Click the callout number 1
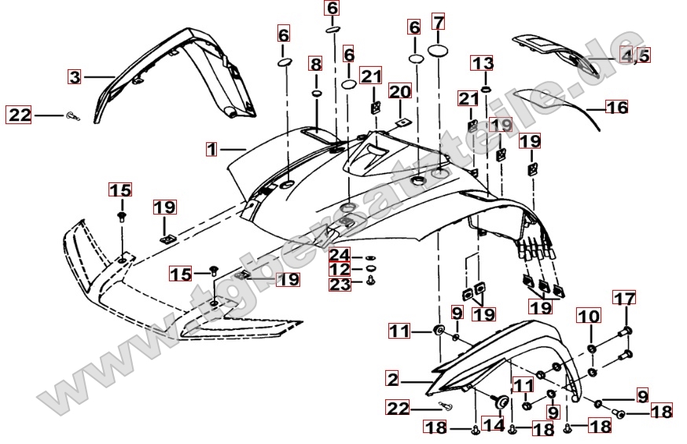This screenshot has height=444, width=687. pos(211,148)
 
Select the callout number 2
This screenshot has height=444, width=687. pos(392,379)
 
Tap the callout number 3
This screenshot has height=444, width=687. pos(75,77)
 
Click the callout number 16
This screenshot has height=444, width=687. pos(617,107)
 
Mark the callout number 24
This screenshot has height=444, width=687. pos(340,255)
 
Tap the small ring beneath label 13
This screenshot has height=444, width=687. pos(486,90)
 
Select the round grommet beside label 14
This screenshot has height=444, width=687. pos(498,402)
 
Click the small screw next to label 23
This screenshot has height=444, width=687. pos(372,280)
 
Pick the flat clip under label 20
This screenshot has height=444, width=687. pos(404,121)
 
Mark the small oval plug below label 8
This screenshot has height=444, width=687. pos(316,93)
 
